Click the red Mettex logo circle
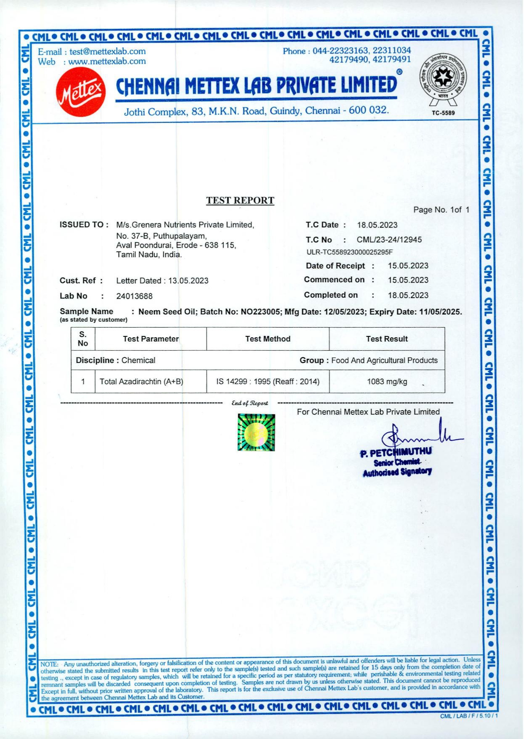tap(80, 92)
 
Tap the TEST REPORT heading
tap(240, 200)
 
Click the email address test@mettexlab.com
tap(107, 51)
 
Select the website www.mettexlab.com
tap(107, 61)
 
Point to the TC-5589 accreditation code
tap(443, 113)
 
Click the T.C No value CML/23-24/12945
tap(389, 240)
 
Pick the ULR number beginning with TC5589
tap(349, 252)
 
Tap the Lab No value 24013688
tap(134, 296)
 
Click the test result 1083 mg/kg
tap(387, 382)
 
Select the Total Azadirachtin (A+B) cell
tap(141, 382)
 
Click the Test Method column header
tap(268, 339)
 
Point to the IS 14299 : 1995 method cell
tap(268, 382)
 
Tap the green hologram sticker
tap(256, 432)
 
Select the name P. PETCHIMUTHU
tap(396, 453)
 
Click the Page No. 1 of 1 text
tap(441, 210)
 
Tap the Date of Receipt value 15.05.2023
tap(408, 266)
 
